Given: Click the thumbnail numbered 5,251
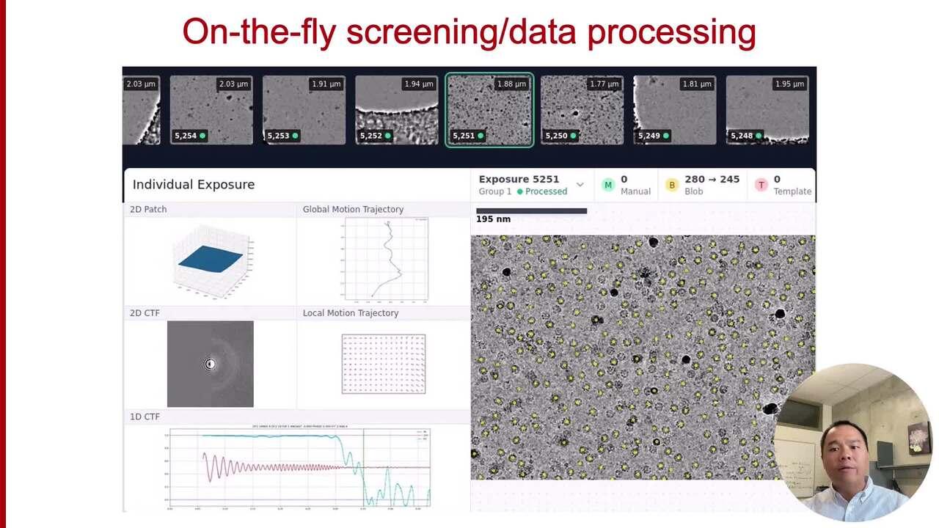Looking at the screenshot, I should pos(489,110).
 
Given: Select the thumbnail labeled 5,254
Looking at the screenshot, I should pos(211,110).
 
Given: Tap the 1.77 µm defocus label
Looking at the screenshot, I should pos(604,84).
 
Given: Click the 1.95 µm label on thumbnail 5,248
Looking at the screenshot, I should pos(789,84).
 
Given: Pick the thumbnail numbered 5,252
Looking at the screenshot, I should pos(396,110).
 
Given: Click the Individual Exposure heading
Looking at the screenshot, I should pos(194,185).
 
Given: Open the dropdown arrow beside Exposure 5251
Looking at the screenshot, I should pos(580,185).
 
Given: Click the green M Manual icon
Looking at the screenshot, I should pos(607,185).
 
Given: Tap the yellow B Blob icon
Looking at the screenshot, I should pos(671,185).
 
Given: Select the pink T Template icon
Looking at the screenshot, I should pos(761,185).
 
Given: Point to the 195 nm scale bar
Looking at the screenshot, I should pos(531,211).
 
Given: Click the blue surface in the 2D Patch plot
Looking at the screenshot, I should pos(210,259).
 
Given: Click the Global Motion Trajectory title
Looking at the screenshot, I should pos(353,210).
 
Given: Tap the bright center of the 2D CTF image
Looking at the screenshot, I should pos(210,364).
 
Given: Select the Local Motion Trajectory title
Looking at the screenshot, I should pos(351,313).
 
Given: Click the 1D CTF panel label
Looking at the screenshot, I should pos(145,417).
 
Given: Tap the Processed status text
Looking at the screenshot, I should pos(546,191).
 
